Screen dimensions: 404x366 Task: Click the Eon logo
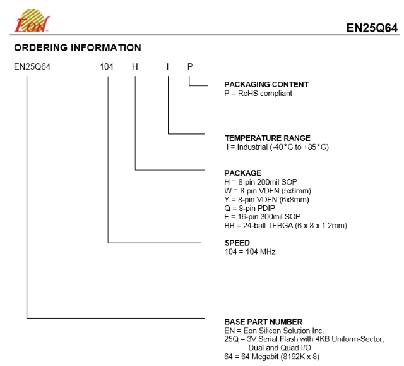pyautogui.click(x=32, y=21)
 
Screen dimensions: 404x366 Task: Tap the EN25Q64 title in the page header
pyautogui.click(x=372, y=28)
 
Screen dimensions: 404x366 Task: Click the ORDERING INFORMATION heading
pyautogui.click(x=78, y=47)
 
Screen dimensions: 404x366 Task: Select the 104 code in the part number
pyautogui.click(x=107, y=67)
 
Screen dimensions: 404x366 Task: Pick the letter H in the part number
pyautogui.click(x=135, y=67)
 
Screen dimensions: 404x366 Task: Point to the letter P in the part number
pyautogui.click(x=190, y=67)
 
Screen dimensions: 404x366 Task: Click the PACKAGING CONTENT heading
pyautogui.click(x=266, y=84)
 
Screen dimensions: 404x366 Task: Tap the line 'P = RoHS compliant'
pyautogui.click(x=258, y=93)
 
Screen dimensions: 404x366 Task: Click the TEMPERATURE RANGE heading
pyautogui.click(x=268, y=138)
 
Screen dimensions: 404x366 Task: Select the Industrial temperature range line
pyautogui.click(x=278, y=147)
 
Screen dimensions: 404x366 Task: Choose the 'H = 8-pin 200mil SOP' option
pyautogui.click(x=261, y=182)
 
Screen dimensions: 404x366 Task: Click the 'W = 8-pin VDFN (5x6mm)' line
pyautogui.click(x=268, y=191)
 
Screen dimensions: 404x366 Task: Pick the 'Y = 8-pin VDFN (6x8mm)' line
pyautogui.click(x=266, y=199)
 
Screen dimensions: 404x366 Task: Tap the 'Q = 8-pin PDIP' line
pyautogui.click(x=250, y=208)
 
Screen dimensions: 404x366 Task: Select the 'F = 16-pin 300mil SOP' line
pyautogui.click(x=263, y=217)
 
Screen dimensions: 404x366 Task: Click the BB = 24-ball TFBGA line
pyautogui.click(x=285, y=226)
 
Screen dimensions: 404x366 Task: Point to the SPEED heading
pyautogui.click(x=237, y=243)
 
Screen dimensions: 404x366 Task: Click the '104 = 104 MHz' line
pyautogui.click(x=250, y=252)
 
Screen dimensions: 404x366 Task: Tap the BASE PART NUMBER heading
pyautogui.click(x=263, y=322)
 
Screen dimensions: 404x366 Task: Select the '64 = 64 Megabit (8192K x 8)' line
pyautogui.click(x=272, y=357)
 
